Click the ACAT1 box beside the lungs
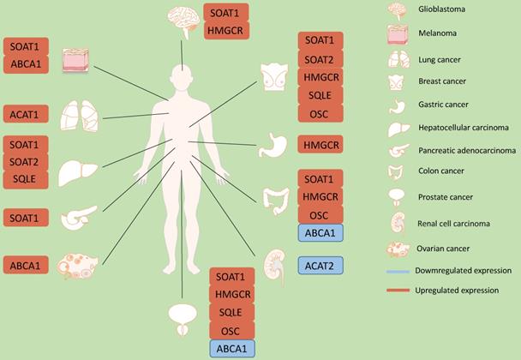click(x=27, y=114)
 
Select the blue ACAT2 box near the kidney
click(x=320, y=266)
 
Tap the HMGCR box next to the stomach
click(x=320, y=145)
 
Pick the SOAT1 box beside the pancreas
click(x=27, y=219)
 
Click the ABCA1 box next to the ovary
click(x=27, y=266)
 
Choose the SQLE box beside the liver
click(x=27, y=178)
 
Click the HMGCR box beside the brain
click(x=226, y=31)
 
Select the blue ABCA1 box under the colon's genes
click(x=320, y=232)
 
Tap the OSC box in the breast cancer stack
click(x=320, y=114)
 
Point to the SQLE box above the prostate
click(x=232, y=312)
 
